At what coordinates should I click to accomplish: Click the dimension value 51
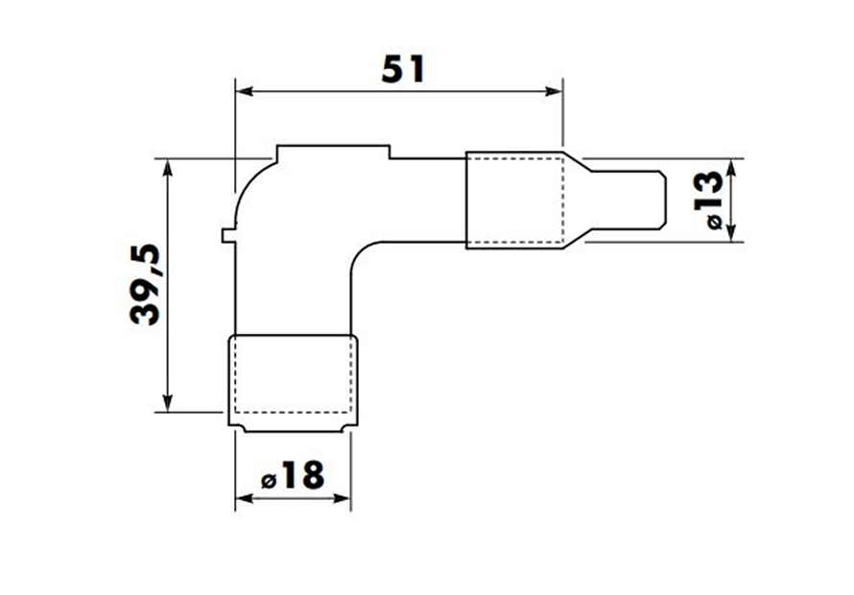401,69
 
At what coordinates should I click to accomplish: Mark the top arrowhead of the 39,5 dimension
168,167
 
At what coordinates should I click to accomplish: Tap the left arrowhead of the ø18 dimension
243,498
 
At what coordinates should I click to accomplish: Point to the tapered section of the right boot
574,200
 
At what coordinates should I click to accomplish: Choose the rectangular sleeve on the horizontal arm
514,200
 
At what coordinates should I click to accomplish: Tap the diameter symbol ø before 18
269,479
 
